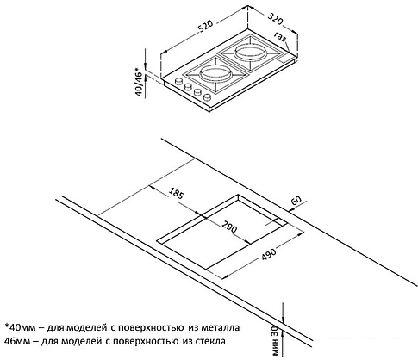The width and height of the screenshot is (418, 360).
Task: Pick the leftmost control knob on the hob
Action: (x=179, y=84)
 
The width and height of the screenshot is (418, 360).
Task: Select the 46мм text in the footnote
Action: (x=19, y=344)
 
